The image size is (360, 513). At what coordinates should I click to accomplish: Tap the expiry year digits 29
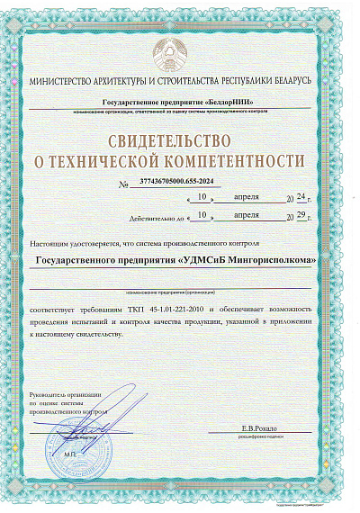(x=298, y=217)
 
